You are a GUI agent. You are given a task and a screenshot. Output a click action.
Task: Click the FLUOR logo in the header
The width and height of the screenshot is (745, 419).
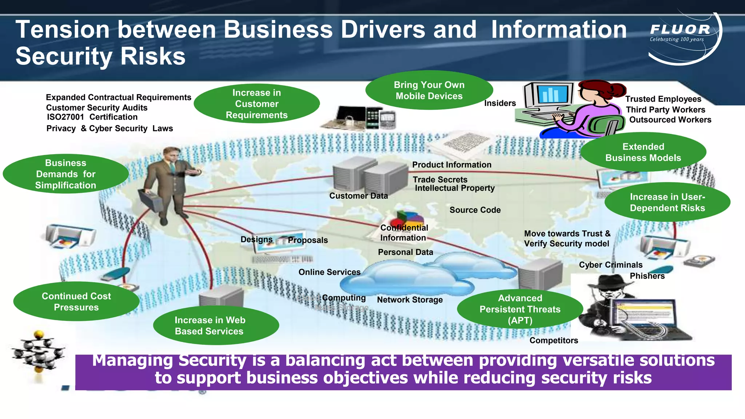(x=680, y=30)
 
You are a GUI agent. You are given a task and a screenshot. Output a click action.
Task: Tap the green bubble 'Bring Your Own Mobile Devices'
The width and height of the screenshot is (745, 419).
(x=429, y=90)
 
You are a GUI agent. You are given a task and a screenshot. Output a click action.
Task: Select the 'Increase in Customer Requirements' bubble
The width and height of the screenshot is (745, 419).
(x=256, y=104)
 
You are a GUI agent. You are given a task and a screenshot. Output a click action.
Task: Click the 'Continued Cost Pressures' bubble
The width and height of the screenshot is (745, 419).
(x=76, y=302)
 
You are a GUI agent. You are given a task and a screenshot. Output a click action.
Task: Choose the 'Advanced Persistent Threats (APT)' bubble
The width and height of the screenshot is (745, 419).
(x=520, y=309)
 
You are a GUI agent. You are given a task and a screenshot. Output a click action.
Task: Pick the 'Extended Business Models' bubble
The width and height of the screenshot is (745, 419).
(x=643, y=152)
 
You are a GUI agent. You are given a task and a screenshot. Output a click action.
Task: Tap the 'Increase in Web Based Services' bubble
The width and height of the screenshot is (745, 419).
(x=216, y=326)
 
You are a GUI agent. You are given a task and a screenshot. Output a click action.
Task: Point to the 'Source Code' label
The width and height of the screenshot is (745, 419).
(x=475, y=210)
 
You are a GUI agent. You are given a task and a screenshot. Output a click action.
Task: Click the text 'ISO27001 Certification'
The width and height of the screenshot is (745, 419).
(x=92, y=117)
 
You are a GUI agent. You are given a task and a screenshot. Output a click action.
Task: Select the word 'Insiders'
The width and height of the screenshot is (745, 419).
(x=500, y=103)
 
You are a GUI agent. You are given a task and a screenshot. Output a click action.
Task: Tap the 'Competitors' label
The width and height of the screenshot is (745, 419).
(x=554, y=340)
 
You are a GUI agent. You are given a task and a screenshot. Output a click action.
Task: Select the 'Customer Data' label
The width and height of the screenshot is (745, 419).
(x=358, y=196)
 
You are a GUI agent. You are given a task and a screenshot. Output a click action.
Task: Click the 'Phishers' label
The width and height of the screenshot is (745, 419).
(x=647, y=276)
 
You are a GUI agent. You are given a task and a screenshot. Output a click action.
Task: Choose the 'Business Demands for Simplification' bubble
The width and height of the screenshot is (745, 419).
(x=66, y=174)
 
